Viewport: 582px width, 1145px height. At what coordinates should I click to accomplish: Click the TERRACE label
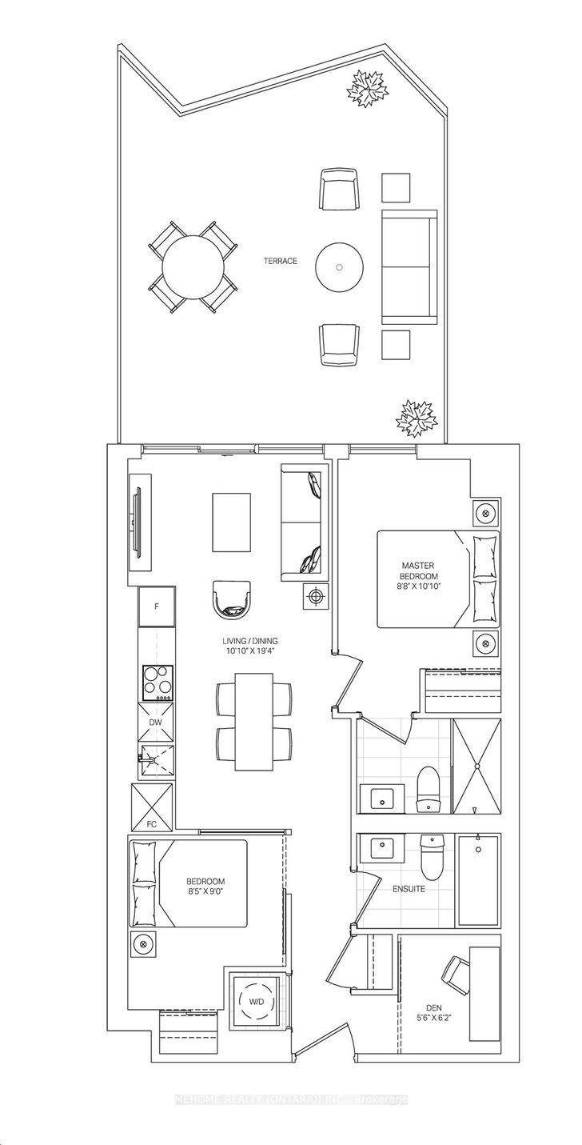click(281, 261)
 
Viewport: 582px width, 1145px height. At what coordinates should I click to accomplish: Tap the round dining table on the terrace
click(193, 266)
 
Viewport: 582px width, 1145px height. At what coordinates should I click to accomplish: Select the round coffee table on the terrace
click(341, 267)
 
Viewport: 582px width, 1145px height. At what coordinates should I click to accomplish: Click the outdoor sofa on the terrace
click(409, 267)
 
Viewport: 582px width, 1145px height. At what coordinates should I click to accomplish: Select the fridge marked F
click(156, 607)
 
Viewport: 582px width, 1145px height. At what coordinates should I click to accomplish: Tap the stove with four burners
click(156, 683)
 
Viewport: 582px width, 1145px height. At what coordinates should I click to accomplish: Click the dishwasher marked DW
click(156, 723)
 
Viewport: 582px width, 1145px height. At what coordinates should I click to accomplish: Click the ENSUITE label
click(409, 888)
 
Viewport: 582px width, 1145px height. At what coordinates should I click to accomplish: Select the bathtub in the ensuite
click(478, 880)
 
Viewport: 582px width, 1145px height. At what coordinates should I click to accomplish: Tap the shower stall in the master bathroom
click(476, 765)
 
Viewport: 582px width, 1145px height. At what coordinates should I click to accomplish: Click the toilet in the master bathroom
click(429, 784)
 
